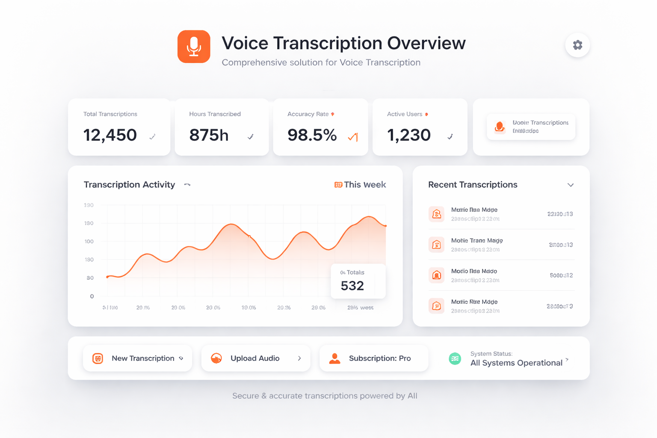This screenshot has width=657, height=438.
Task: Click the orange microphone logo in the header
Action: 194,47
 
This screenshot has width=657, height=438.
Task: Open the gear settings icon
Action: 577,45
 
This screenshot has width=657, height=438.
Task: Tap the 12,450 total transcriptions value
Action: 110,135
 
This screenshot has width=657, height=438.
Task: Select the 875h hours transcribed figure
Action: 209,135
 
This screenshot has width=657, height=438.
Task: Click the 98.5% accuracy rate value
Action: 312,135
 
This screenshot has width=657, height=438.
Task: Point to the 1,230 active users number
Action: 408,135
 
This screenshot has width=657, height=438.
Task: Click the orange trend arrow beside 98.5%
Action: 353,137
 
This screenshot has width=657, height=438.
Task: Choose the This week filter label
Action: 364,185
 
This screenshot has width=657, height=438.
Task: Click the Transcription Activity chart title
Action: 129,185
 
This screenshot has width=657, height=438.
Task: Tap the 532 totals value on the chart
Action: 352,286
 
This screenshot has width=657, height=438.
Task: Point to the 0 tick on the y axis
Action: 92,296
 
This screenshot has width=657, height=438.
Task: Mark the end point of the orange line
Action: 385,226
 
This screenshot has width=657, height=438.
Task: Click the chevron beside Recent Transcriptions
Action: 570,185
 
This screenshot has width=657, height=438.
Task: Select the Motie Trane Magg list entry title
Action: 477,240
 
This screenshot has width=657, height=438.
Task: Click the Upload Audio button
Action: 255,358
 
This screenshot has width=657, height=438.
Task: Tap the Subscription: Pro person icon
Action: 334,358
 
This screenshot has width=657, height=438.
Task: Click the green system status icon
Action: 455,359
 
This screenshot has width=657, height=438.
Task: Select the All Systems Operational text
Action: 516,363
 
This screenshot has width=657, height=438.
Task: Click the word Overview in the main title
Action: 426,43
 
